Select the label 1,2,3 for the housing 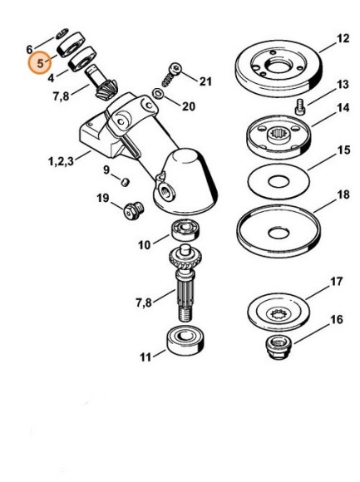click(x=59, y=159)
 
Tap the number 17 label click(x=335, y=283)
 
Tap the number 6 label click(x=30, y=49)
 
